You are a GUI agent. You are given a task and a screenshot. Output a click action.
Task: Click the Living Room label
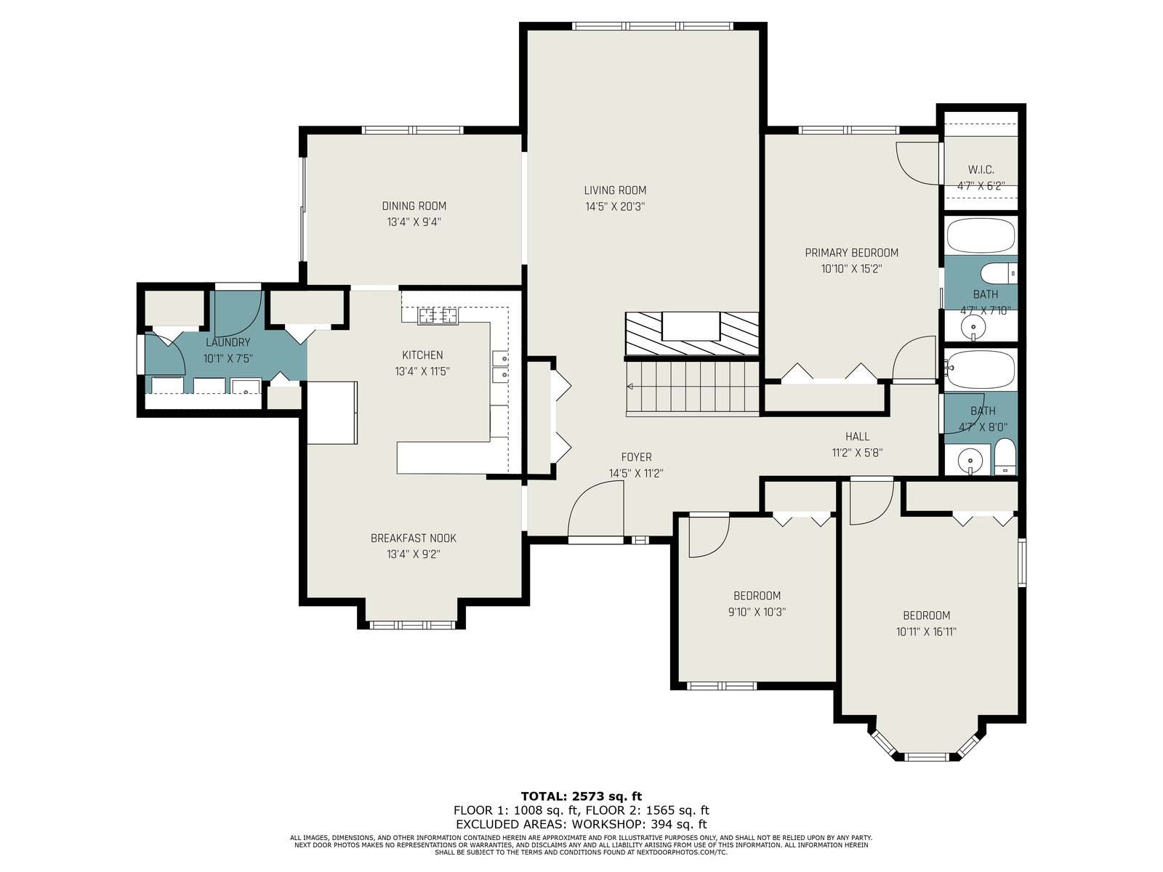pyautogui.click(x=615, y=190)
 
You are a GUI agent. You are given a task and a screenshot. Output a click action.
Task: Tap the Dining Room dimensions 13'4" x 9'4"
pyautogui.click(x=414, y=222)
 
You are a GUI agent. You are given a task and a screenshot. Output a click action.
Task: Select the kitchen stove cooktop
pyautogui.click(x=438, y=316)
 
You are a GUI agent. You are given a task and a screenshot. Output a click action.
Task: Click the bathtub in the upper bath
pyautogui.click(x=981, y=235)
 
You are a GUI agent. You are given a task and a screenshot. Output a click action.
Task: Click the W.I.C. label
pyautogui.click(x=981, y=170)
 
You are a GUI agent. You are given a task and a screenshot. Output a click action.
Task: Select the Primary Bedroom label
pyautogui.click(x=851, y=253)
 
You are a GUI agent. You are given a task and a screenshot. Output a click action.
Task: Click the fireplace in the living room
pyautogui.click(x=691, y=334)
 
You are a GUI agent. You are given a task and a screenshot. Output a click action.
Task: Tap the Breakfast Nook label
pyautogui.click(x=414, y=538)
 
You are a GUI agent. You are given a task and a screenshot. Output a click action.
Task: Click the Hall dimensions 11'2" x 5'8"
pyautogui.click(x=857, y=453)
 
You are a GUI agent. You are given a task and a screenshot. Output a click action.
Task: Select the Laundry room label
pyautogui.click(x=228, y=342)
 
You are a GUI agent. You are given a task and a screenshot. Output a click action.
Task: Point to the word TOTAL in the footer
pyautogui.click(x=544, y=796)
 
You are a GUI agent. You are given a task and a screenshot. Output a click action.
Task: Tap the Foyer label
pyautogui.click(x=636, y=457)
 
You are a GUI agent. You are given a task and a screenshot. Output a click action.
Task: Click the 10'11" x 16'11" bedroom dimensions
pyautogui.click(x=926, y=631)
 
